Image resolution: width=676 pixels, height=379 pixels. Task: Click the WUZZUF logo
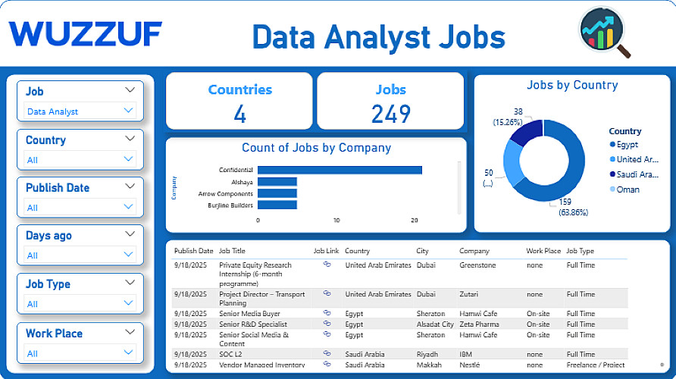coord(86,34)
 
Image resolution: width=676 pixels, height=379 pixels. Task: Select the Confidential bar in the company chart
coord(340,170)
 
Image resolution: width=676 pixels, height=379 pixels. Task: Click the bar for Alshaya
coord(277,182)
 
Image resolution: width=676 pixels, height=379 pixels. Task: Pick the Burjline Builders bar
coord(277,205)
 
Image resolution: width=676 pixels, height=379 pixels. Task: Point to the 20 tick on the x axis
coord(415,220)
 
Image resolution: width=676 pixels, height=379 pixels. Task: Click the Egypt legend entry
coord(627,144)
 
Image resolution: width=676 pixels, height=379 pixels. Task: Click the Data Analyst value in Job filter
coord(53,111)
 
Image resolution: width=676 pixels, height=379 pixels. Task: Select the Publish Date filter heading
coord(58,188)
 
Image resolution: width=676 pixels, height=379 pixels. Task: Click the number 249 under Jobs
coord(390,114)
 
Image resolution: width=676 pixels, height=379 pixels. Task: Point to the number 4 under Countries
coord(239,114)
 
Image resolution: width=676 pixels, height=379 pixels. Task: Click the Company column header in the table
coord(474,251)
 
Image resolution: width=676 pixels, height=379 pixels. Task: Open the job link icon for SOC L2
coord(327,353)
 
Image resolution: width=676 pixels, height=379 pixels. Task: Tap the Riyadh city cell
coord(428,354)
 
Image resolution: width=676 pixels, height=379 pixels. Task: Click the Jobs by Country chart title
coord(572,85)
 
